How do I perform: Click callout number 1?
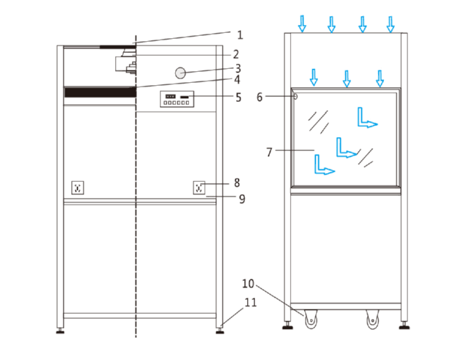(239, 34)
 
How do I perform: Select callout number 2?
(236, 54)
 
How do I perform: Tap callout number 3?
(237, 68)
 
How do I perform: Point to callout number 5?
(237, 96)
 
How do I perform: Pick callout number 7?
(269, 152)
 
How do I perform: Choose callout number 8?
(237, 183)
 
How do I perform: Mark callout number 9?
(240, 198)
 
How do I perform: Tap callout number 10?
(248, 283)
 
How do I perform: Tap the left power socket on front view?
(78, 188)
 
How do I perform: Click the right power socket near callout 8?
(199, 188)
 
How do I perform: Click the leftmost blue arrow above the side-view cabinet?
(301, 24)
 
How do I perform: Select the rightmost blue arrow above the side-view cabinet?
(391, 24)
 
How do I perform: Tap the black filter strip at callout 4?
(100, 92)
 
